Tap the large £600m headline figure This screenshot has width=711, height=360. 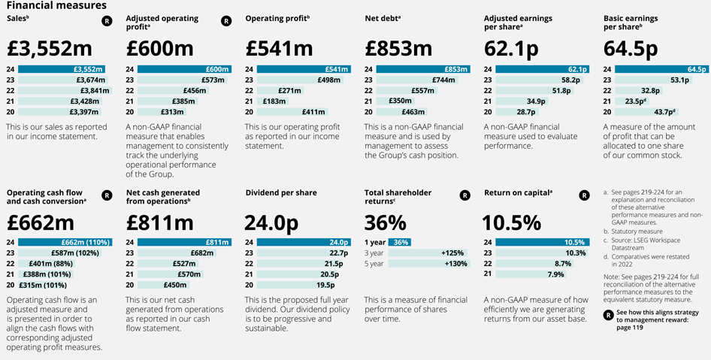[x=160, y=48]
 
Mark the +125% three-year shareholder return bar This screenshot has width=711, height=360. [x=421, y=253]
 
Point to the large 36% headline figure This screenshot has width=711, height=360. [x=385, y=222]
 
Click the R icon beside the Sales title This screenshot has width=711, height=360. [x=107, y=21]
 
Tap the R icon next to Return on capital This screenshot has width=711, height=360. [x=585, y=195]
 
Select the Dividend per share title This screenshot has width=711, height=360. [x=281, y=193]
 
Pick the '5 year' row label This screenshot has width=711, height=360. [x=374, y=264]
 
